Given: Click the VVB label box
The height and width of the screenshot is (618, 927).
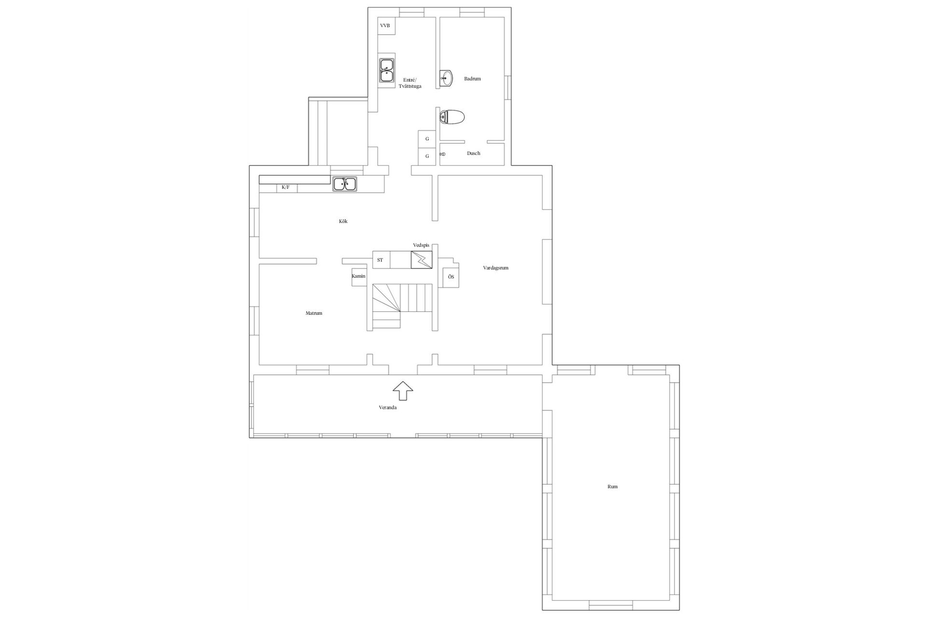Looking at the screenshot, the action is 386,26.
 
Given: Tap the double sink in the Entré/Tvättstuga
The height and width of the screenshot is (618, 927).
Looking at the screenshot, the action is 387,70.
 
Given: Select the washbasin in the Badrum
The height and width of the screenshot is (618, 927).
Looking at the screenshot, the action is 447,77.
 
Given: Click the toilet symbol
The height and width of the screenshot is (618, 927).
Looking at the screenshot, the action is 452,117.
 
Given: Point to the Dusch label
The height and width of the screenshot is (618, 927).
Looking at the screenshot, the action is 473,154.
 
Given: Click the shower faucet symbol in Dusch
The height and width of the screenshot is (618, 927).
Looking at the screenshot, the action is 443,154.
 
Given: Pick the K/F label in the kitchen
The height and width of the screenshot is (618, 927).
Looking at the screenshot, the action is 286,187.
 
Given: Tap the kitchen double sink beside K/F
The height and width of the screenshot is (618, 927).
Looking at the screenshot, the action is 345,184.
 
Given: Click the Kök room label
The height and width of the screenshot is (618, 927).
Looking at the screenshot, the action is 343,222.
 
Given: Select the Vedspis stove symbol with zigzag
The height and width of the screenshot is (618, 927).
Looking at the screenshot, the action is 421,260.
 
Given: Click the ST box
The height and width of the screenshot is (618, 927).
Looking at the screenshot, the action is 381,260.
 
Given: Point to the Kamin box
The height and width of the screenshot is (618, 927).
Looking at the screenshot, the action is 359,277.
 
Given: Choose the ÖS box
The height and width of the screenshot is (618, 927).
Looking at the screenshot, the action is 451,277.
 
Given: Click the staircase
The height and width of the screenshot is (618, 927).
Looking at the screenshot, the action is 402,306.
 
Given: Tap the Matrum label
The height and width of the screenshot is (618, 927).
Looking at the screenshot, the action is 314,313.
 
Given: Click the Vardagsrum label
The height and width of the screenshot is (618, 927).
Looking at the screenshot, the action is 496,268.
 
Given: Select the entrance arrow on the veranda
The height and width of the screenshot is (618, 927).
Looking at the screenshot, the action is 403,390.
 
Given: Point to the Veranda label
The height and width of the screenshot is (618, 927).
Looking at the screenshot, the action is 388,407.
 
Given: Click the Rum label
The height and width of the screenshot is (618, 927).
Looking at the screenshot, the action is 612,487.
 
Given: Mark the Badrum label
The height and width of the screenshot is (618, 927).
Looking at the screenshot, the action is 473,79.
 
